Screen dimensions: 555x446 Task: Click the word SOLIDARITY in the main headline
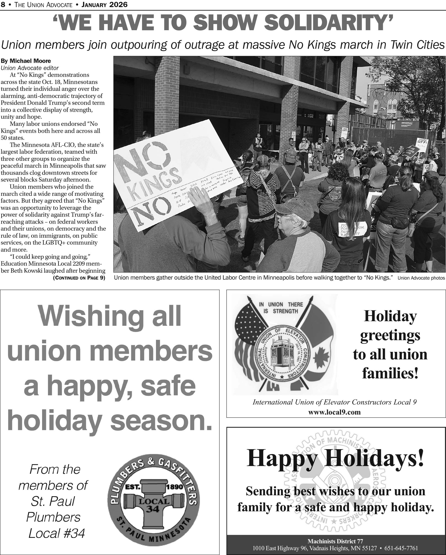(x=328, y=23)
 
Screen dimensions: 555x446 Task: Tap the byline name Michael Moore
(x=30, y=61)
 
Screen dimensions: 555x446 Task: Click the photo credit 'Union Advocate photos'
(x=421, y=278)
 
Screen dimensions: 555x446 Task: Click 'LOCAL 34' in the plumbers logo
(x=154, y=504)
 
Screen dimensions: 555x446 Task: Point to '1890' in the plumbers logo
(x=175, y=487)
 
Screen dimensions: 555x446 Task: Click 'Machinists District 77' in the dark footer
(x=335, y=541)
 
